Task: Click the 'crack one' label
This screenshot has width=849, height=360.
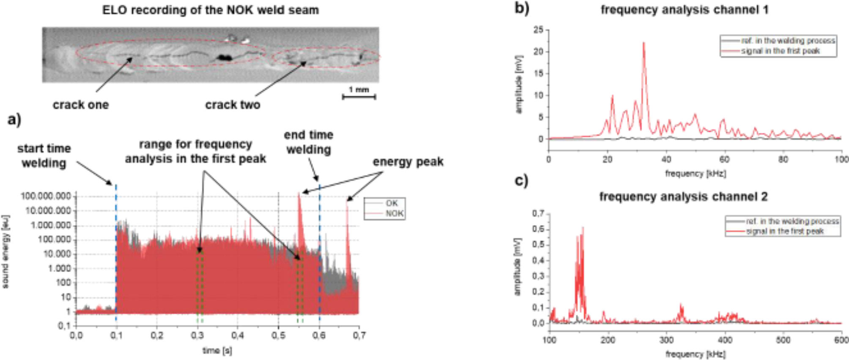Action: pyautogui.click(x=80, y=105)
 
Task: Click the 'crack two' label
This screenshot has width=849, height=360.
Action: pyautogui.click(x=233, y=105)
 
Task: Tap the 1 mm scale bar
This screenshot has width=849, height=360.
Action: pyautogui.click(x=359, y=97)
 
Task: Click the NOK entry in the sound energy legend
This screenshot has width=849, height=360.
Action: pyautogui.click(x=394, y=213)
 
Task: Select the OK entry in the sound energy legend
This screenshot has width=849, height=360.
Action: pyautogui.click(x=392, y=203)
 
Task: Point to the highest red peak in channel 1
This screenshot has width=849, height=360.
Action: pyautogui.click(x=644, y=43)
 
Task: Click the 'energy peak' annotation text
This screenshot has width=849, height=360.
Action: pyautogui.click(x=408, y=162)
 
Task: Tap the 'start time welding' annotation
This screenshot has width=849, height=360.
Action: pyautogui.click(x=44, y=156)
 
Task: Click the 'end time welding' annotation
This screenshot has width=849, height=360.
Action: pyautogui.click(x=308, y=142)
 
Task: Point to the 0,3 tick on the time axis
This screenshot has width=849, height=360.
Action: pyautogui.click(x=197, y=335)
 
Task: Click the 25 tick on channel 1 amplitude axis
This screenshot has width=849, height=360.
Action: pyautogui.click(x=538, y=30)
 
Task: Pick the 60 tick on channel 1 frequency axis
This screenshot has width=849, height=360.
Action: pyautogui.click(x=724, y=159)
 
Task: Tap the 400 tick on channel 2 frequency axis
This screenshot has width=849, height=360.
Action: pyautogui.click(x=725, y=340)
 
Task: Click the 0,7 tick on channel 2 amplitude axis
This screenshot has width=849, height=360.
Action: pyautogui.click(x=538, y=214)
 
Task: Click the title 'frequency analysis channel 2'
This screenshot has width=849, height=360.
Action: pyautogui.click(x=683, y=197)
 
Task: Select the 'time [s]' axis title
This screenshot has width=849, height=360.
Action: pyautogui.click(x=217, y=350)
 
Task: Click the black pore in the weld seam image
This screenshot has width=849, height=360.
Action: pyautogui.click(x=224, y=57)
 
